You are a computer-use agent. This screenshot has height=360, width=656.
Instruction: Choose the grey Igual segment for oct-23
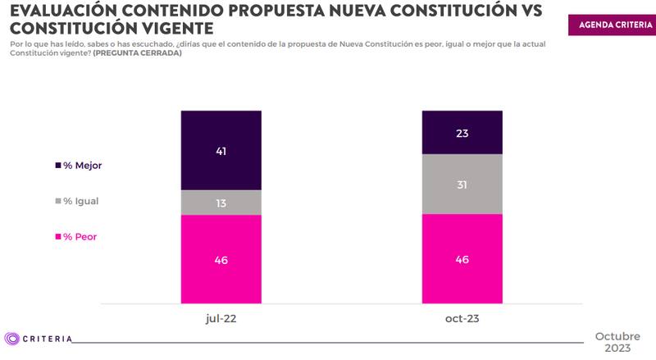(x=461, y=184)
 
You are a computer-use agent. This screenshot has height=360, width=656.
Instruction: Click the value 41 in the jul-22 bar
(x=221, y=151)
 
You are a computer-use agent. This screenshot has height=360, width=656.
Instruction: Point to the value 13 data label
(x=221, y=203)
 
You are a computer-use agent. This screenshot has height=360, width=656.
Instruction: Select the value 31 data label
(x=461, y=185)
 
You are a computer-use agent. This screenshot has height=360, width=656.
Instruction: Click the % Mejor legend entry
(x=81, y=165)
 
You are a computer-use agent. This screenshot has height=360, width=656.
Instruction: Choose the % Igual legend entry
(x=79, y=201)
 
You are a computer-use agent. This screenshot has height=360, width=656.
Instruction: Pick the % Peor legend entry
(x=77, y=237)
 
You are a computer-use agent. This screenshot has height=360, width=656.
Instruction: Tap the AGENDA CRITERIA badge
(x=609, y=25)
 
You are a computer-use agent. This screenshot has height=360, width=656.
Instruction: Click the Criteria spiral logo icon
(x=11, y=339)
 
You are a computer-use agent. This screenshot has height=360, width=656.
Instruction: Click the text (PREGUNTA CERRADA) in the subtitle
(x=139, y=53)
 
